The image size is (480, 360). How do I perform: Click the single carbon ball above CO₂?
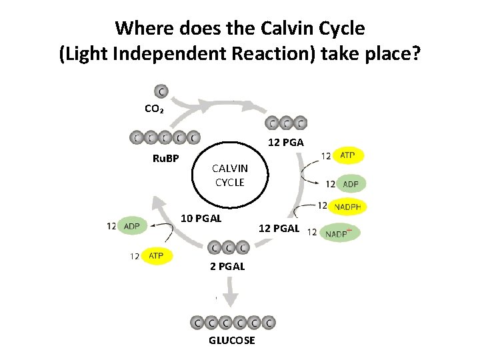coord(161,91)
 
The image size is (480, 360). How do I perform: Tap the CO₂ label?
coord(154,108)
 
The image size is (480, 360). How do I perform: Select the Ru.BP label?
coord(166,158)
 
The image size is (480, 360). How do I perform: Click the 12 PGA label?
coord(286,142)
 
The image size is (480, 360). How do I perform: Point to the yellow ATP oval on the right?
coord(347,155)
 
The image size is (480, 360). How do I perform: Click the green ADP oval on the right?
coord(350,183)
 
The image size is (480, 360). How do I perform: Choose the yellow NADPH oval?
coord(347,207)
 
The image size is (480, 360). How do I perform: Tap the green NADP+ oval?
coord(340,232)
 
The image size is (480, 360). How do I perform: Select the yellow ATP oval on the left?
coord(156,255)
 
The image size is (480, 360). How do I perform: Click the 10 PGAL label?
coord(202,218)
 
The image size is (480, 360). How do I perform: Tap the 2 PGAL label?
coord(227,266)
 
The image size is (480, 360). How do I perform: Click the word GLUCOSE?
coord(231,340)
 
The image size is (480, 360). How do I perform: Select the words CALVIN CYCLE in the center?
coord(229,175)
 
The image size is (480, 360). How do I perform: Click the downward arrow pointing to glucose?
coord(231,294)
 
